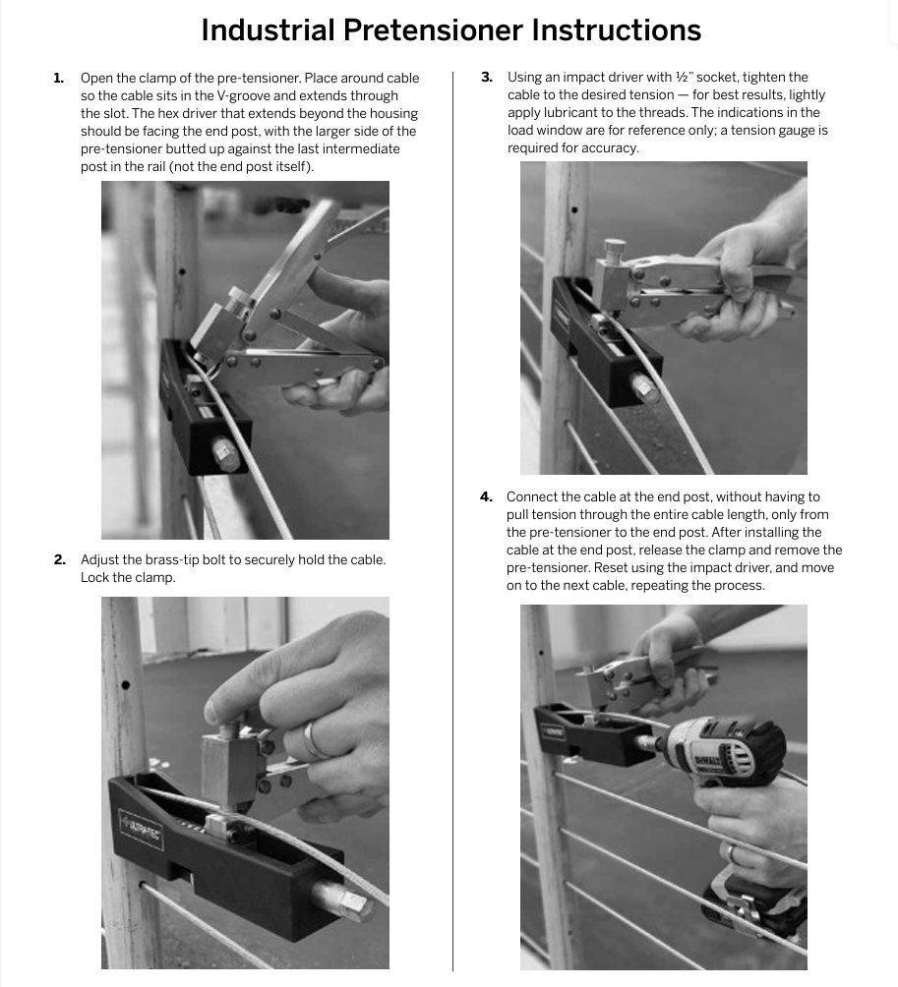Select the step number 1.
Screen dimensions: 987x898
(x=59, y=78)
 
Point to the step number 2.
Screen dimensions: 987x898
(x=59, y=559)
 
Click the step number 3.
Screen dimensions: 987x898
(x=486, y=77)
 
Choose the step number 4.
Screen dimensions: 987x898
(x=486, y=496)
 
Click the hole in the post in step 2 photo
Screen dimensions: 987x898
(x=125, y=685)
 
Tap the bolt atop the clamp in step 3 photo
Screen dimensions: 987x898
(x=616, y=248)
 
